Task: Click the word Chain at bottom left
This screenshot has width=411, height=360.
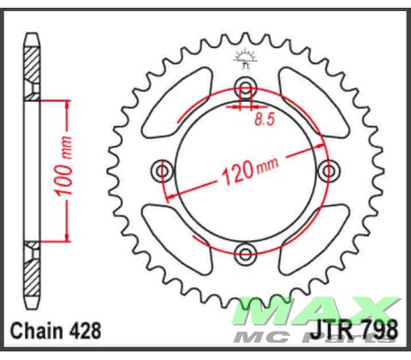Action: (36, 330)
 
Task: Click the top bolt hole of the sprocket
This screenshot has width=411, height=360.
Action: (246, 89)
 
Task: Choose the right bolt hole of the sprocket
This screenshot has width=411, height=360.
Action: (327, 171)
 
